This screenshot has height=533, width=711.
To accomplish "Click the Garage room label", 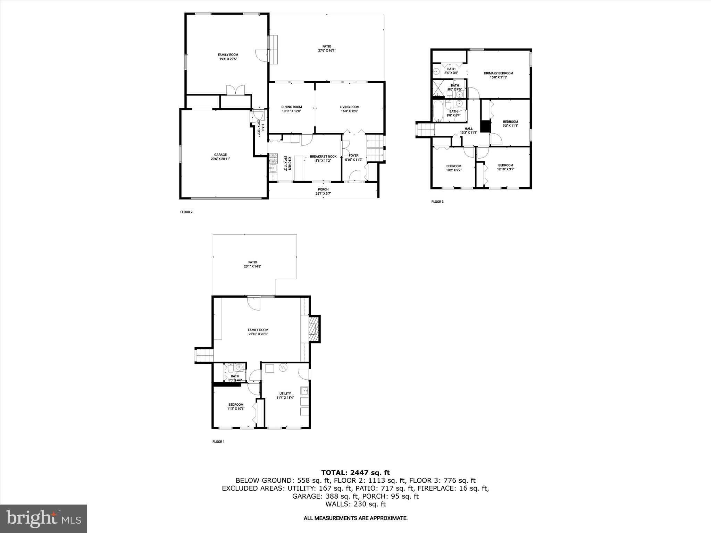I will point(220,157).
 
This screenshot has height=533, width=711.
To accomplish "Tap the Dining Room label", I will point(291,109).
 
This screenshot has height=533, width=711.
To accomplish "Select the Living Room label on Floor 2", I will point(349,109).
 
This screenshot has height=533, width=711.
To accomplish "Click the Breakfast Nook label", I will point(323,158).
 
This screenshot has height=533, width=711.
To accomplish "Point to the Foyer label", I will point(353,158).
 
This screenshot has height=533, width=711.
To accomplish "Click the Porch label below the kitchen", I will point(323,191).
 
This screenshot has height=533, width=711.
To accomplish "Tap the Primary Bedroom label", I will point(498,75).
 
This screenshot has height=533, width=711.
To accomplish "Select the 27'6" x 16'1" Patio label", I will point(326,48).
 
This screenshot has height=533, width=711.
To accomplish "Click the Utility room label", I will point(285,396).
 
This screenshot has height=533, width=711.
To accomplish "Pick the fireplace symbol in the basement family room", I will point(314,329).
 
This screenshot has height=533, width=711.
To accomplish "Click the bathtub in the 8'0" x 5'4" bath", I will point(438,111).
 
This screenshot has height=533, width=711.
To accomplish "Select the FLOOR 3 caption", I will point(437,202).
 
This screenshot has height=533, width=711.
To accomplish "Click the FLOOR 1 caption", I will point(218,442).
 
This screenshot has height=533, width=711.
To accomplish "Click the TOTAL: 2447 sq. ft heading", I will point(355,473).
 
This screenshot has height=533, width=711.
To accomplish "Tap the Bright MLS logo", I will point(43,519).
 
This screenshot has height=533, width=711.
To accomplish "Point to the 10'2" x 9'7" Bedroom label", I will point(453,168).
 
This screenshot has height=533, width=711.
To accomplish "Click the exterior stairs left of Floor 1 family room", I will point(204,356).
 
